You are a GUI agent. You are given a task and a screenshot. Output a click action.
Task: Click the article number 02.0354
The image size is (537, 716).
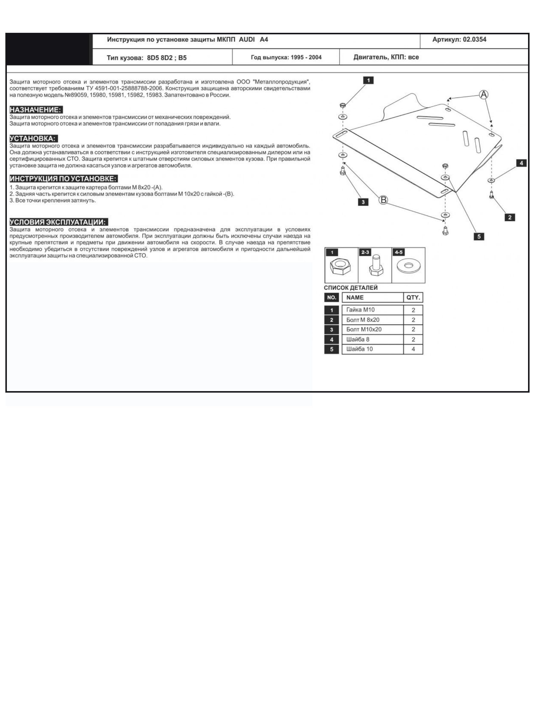[474, 39]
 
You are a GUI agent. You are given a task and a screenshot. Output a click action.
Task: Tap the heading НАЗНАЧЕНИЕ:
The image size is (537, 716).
[36, 110]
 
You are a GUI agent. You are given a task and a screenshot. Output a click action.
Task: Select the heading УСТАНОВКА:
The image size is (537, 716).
[33, 138]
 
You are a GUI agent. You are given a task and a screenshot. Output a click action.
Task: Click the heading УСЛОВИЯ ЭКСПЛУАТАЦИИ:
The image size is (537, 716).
[58, 222]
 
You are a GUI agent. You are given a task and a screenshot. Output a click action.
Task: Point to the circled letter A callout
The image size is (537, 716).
[483, 95]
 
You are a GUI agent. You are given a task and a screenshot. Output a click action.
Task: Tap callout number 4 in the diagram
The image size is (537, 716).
[521, 163]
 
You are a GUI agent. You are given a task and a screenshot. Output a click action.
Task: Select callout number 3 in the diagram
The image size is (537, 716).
[363, 202]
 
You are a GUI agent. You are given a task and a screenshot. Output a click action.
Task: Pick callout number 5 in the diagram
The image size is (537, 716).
[479, 236]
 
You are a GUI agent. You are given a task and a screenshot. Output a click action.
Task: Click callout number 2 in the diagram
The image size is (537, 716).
[510, 217]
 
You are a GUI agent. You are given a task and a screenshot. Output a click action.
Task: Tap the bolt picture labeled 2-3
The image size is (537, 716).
[375, 266]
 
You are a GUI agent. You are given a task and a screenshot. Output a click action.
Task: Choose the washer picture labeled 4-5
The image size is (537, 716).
[408, 266]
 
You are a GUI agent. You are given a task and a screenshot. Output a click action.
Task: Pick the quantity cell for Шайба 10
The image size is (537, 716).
[413, 349]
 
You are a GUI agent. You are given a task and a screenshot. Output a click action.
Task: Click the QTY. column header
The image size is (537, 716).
[413, 297]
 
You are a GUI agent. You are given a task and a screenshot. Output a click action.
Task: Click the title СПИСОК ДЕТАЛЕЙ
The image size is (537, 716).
[351, 288]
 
